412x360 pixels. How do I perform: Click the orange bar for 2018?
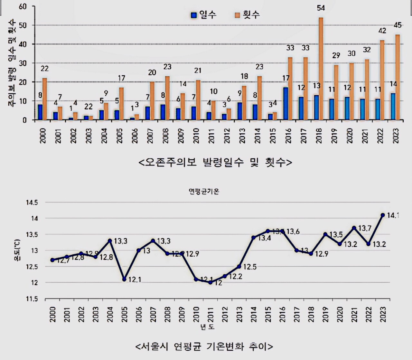coord(321,69)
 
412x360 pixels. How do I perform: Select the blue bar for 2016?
coord(286,104)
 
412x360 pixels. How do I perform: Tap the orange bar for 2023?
coord(398,77)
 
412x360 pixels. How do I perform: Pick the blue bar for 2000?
coord(40,112)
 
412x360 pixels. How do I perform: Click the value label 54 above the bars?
coord(321,8)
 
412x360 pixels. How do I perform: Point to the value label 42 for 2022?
coord(382,31)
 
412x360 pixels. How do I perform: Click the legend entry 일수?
coord(203,15)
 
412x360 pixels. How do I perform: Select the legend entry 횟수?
coord(247,15)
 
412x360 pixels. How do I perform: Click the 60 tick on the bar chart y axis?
coord(23,6)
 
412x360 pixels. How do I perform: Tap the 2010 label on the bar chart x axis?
coord(196,136)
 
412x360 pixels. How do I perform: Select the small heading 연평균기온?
coord(204,192)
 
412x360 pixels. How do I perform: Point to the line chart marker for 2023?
coord(383,215)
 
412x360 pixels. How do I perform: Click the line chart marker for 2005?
coord(124,279)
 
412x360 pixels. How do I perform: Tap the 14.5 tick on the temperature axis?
coord(32,203)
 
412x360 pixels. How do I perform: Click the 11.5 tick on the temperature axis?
coord(32,299)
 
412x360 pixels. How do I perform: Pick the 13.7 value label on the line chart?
coord(365,228)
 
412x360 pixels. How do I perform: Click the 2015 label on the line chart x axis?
coord(268,314)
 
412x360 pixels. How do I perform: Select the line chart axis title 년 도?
coord(207,327)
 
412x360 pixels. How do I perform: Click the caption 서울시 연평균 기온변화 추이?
coord(204,346)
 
